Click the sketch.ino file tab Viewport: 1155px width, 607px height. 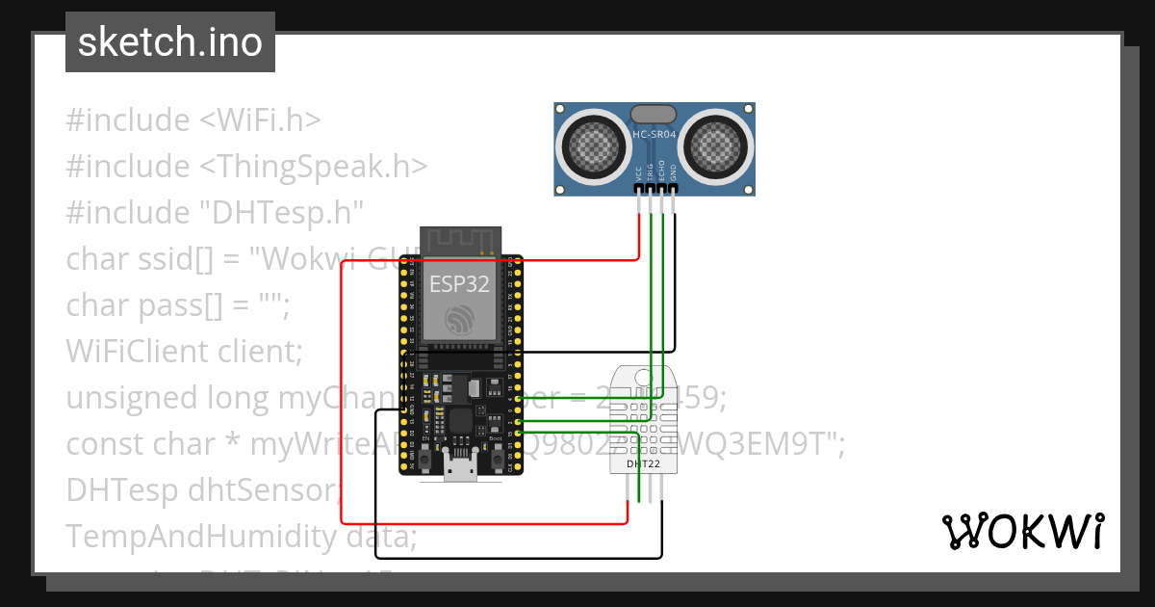tap(169, 42)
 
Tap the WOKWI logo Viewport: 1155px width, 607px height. tap(1021, 531)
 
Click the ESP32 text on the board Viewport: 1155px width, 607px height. tap(458, 284)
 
